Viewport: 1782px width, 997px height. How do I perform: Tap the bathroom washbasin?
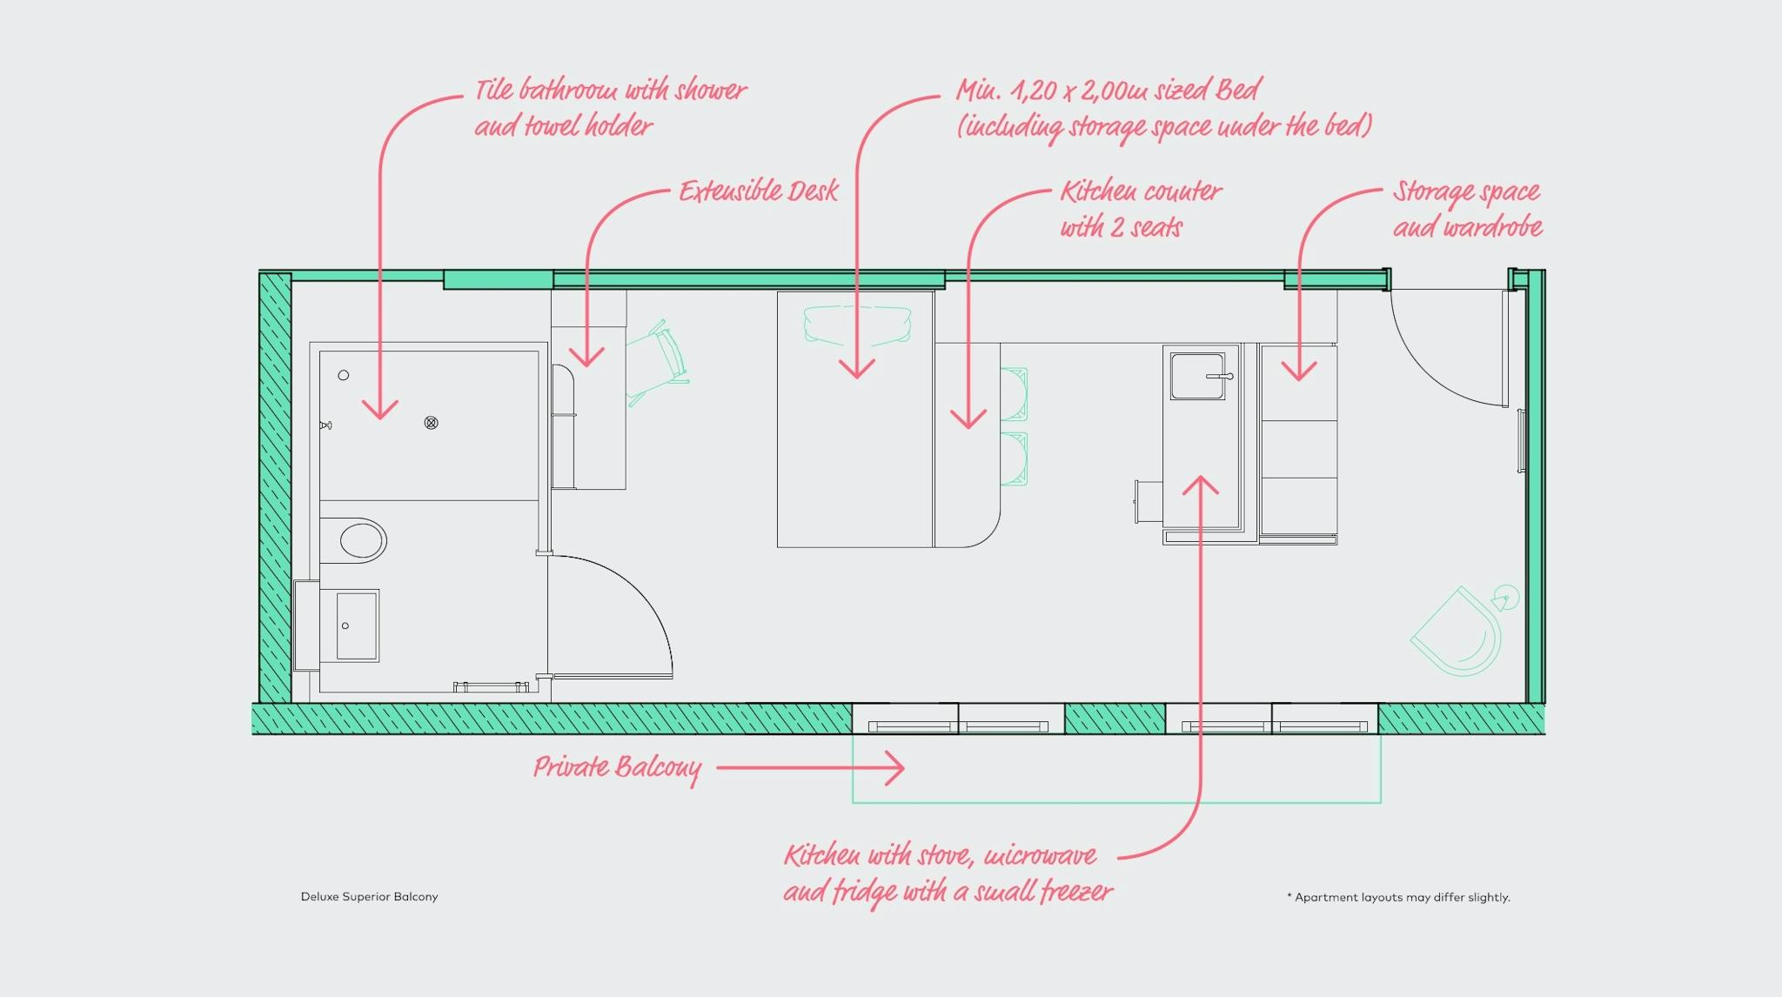tap(357, 626)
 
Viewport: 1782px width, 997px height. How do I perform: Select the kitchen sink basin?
tap(1198, 376)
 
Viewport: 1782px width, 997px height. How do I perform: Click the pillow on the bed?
tap(857, 325)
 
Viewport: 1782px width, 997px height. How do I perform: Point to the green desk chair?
tap(659, 363)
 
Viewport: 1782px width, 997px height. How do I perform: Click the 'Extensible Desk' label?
tap(759, 191)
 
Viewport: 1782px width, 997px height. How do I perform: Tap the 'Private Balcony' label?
tap(617, 768)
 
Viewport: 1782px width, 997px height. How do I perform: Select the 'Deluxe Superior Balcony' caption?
tap(369, 897)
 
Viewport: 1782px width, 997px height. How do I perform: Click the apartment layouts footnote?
tap(1398, 897)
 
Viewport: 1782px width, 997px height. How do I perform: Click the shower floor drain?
tap(431, 423)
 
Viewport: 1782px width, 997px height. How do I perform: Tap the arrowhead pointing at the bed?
tap(857, 369)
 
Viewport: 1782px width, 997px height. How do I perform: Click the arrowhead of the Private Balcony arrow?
tap(896, 768)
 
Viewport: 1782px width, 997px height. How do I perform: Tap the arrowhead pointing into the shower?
tap(380, 410)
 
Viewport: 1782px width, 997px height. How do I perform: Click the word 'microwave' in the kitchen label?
tap(1039, 856)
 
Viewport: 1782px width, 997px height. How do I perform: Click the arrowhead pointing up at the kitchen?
tap(1201, 484)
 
